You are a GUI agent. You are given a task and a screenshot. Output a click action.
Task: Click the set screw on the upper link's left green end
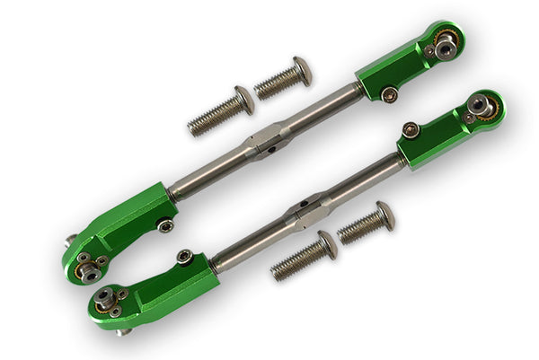[x=165, y=225]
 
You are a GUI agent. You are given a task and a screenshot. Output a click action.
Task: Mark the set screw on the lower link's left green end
[x=183, y=257]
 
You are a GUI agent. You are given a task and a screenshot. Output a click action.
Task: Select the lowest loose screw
[x=304, y=255]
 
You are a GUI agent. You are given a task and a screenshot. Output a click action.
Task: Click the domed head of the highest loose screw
[x=303, y=69]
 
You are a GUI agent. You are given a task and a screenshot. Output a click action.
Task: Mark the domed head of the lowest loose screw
[x=327, y=244]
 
